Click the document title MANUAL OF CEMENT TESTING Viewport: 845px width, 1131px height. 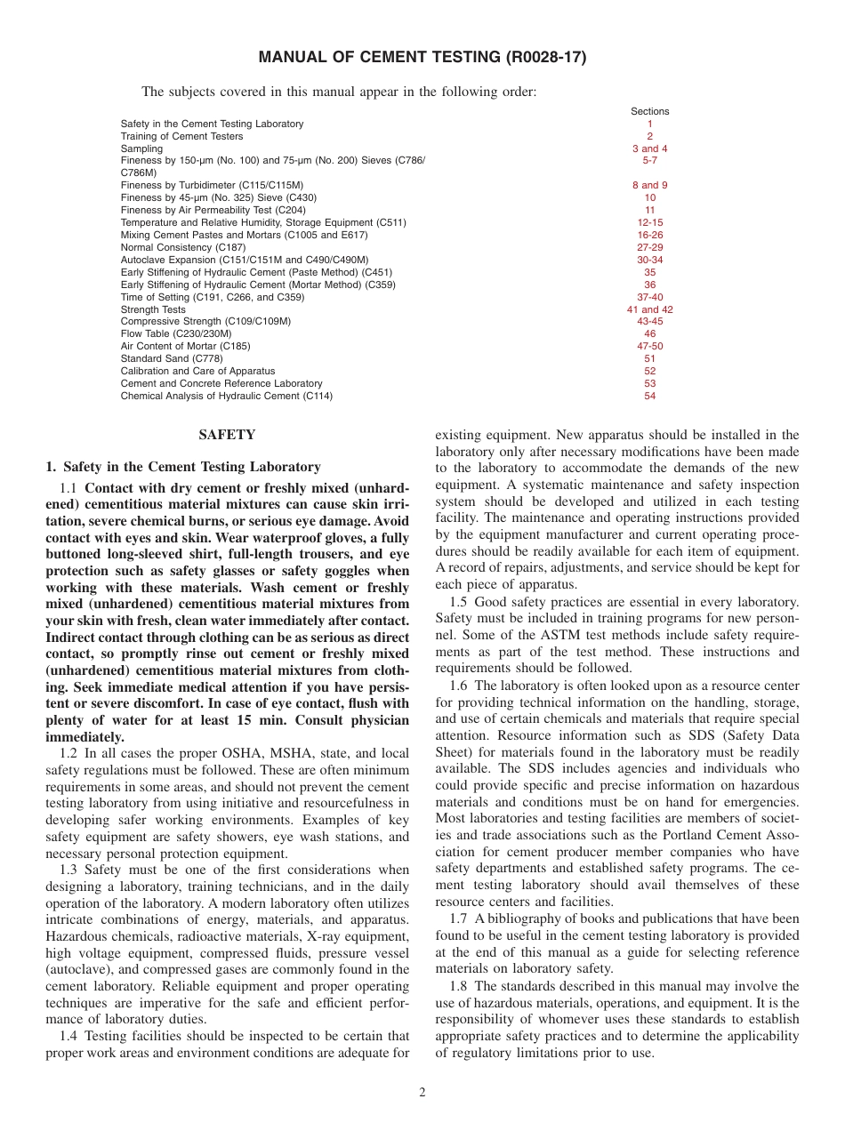tap(422, 58)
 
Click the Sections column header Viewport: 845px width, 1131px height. tap(649, 111)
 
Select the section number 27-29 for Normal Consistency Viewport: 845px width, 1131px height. tap(649, 247)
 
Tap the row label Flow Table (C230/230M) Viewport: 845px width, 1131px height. tap(176, 333)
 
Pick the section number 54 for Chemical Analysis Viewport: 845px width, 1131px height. tap(649, 396)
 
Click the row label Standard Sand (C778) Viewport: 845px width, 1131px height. tap(172, 358)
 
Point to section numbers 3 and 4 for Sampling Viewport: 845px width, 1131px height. tap(649, 148)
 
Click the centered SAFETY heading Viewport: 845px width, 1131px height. tap(227, 435)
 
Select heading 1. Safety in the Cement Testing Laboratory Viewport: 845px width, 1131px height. tap(182, 467)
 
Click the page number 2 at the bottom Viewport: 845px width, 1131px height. tap(422, 1093)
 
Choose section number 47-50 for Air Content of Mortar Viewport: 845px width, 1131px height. tap(649, 346)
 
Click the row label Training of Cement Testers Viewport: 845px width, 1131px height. tap(181, 136)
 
